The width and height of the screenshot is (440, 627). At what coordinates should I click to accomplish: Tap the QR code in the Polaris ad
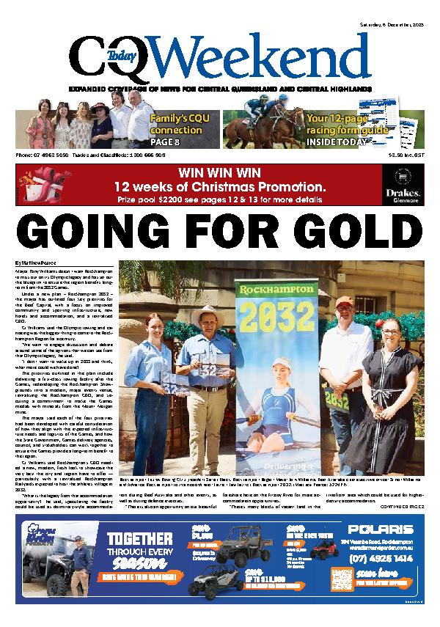(340, 577)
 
